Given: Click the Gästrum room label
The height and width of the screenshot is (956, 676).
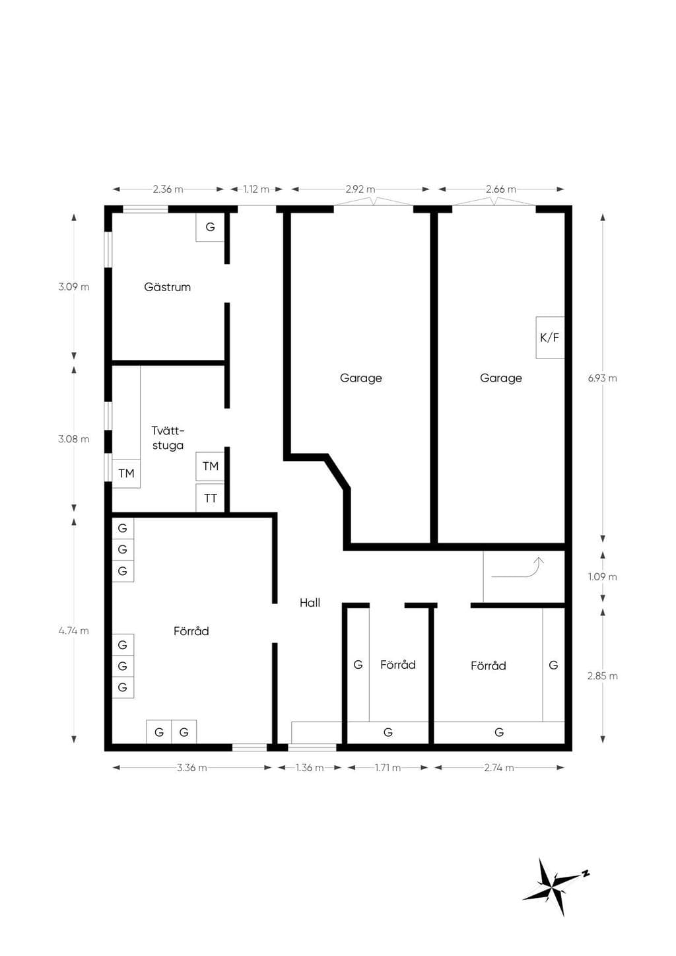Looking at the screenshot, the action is coord(167,287).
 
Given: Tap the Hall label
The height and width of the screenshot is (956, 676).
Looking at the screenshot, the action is coord(310,603).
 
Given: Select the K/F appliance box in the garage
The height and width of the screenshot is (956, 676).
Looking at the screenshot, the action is coord(550,337).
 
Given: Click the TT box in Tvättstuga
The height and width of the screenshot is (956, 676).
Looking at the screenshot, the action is coord(210,498).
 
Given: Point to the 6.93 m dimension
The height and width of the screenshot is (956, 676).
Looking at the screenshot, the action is coord(603,378).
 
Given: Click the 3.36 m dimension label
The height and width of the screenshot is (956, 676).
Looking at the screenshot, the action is coord(192,768).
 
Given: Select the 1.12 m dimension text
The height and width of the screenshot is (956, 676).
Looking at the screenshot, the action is coord(257,189).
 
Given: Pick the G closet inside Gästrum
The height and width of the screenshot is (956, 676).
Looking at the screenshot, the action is coord(210,227).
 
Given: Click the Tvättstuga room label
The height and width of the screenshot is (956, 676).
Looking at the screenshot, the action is coord(168,438).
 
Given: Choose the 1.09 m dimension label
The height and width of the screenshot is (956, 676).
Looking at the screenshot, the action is coord(603,577).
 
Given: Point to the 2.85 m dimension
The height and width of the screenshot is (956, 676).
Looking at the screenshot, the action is coord(603,676).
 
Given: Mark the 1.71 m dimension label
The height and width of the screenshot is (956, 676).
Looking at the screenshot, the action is coord(388,768).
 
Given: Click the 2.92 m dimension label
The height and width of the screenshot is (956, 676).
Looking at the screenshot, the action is coord(360,189).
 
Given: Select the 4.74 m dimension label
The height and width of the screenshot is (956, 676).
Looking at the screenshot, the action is coord(74,631).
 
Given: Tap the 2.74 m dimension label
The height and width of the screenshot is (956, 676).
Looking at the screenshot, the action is coord(499,768).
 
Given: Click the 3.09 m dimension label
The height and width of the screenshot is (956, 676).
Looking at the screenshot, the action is coord(74,287).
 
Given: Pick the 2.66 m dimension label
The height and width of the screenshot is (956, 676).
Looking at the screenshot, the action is coord(501,189).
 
